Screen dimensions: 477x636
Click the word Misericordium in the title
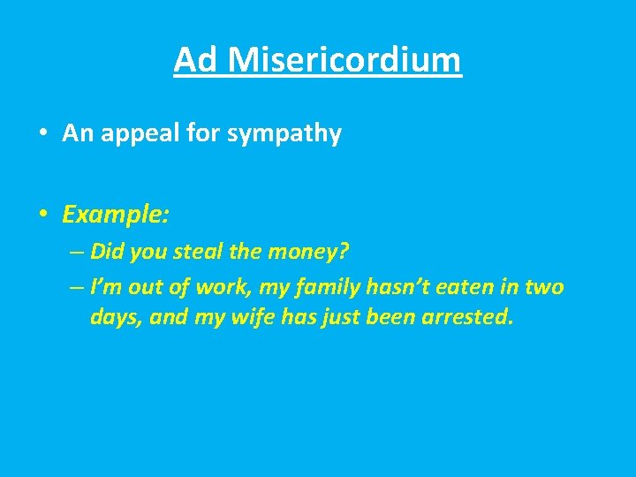pyautogui.click(x=344, y=60)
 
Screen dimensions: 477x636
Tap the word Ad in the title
pyautogui.click(x=195, y=60)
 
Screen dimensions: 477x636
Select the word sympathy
pyautogui.click(x=284, y=134)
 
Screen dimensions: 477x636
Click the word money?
pyautogui.click(x=306, y=252)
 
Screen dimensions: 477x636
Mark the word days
pyautogui.click(x=115, y=317)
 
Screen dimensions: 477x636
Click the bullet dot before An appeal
pyautogui.click(x=42, y=134)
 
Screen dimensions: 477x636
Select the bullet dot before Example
pyautogui.click(x=42, y=215)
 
